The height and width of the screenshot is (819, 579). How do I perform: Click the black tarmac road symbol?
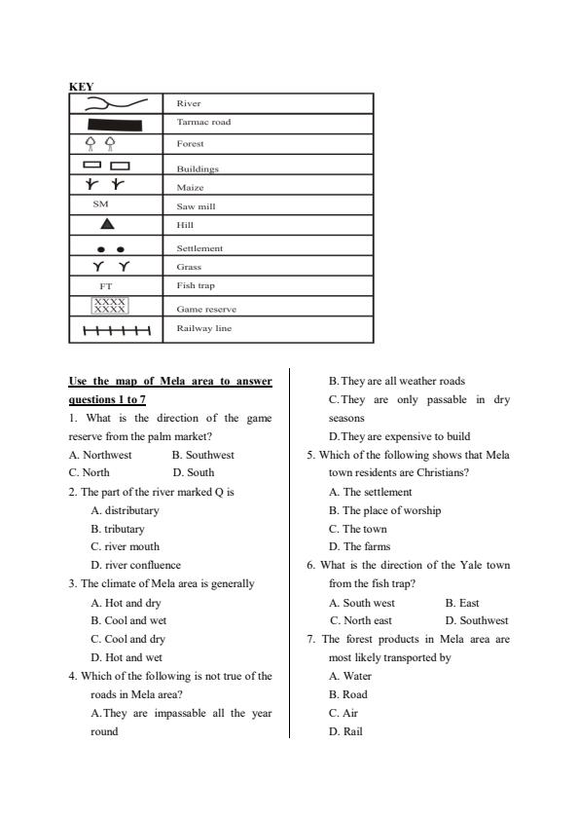tap(115, 124)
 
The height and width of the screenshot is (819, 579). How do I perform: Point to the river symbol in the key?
tap(116, 102)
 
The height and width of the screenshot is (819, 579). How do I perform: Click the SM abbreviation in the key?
tap(101, 205)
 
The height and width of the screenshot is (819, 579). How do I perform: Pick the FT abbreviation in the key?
tap(108, 287)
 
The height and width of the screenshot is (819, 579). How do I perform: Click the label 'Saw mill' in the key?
tap(196, 206)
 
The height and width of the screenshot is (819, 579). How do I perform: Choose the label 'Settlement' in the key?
tap(199, 248)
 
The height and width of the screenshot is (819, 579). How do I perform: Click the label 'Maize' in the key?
tap(190, 187)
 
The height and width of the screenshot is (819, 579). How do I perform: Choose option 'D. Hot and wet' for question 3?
tap(127, 657)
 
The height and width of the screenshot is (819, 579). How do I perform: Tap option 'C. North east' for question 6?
tap(361, 620)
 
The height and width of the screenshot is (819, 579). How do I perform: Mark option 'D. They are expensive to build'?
tap(398, 436)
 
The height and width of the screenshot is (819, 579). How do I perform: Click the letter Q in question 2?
tap(217, 492)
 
